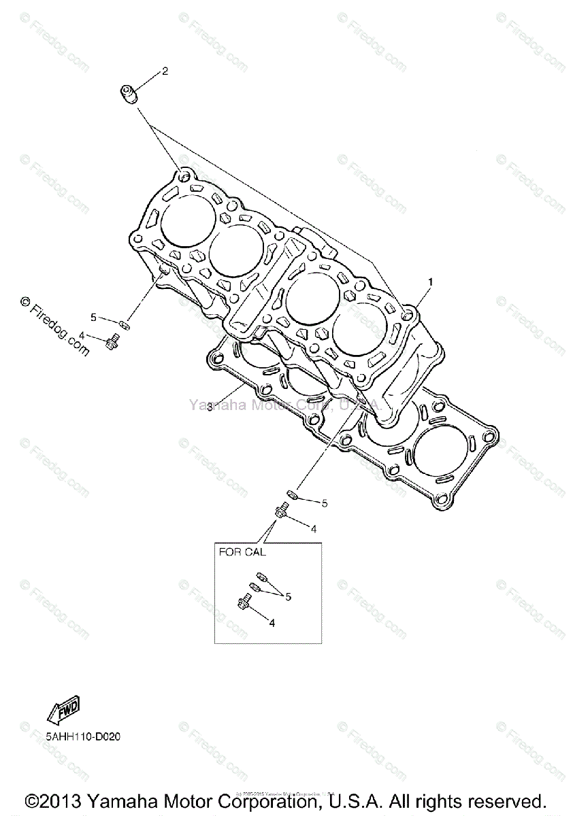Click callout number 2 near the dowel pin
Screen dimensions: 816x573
pos(165,71)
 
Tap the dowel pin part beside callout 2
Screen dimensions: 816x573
pos(129,93)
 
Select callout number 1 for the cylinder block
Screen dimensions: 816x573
pos(429,281)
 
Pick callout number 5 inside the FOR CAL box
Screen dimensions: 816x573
pos(289,596)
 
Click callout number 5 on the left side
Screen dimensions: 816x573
pos(93,317)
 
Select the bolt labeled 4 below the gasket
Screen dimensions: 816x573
pos(280,508)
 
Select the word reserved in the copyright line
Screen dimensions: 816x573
pos(507,800)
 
